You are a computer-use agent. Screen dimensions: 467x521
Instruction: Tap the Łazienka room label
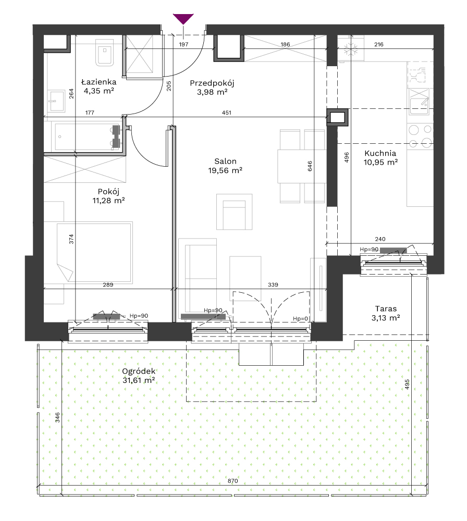pos(99,82)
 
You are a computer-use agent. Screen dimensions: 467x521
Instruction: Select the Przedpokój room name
pos(212,83)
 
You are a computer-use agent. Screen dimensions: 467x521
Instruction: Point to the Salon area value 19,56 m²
pos(225,170)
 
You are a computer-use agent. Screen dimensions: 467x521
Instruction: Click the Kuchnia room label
pos(380,153)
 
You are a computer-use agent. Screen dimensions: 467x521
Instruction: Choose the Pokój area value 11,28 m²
pos(109,201)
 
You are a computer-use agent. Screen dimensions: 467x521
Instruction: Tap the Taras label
pos(386,308)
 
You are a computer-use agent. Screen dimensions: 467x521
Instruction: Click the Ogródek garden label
pos(139,371)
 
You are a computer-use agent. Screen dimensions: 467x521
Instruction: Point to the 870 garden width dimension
pos(232,481)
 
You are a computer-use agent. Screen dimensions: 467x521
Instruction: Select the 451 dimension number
pos(226,113)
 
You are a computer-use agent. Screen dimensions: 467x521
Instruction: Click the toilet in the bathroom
pos(105,53)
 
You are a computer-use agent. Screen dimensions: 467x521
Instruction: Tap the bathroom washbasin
pos(56,101)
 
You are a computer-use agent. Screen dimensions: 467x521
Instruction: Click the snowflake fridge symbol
pos(351,49)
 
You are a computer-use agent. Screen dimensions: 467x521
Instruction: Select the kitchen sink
pos(419,102)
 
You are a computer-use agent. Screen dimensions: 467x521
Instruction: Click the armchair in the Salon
pos(235,212)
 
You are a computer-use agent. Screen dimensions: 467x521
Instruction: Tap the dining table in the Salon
pos(302,166)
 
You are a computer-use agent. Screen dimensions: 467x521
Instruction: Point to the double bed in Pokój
pos(94,253)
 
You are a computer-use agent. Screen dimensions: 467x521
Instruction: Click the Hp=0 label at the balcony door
pos(301,319)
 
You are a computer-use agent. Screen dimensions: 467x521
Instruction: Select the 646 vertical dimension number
pos(310,166)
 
